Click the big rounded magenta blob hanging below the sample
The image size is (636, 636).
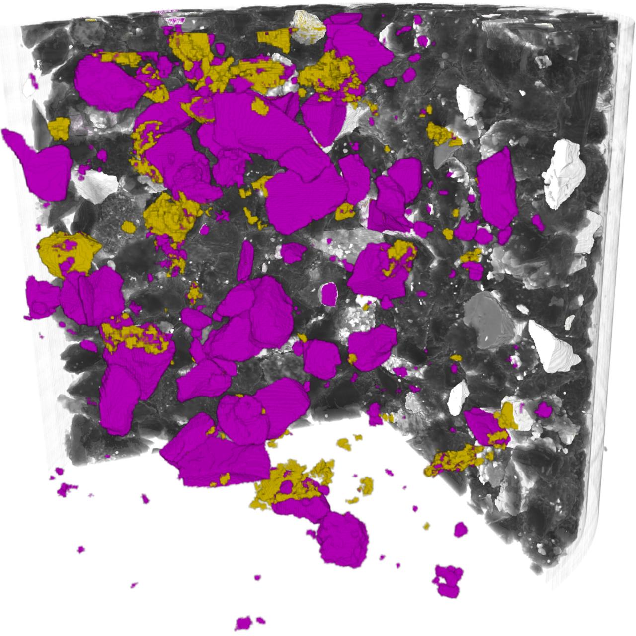coord(343,539)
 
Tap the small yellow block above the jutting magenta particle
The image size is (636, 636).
coord(60,128)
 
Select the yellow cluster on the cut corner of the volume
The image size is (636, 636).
coord(455,460)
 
